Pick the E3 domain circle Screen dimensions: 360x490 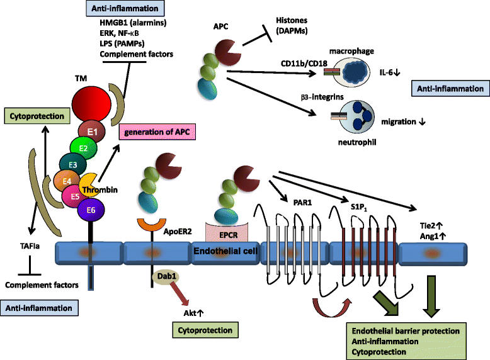coord(74,165)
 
